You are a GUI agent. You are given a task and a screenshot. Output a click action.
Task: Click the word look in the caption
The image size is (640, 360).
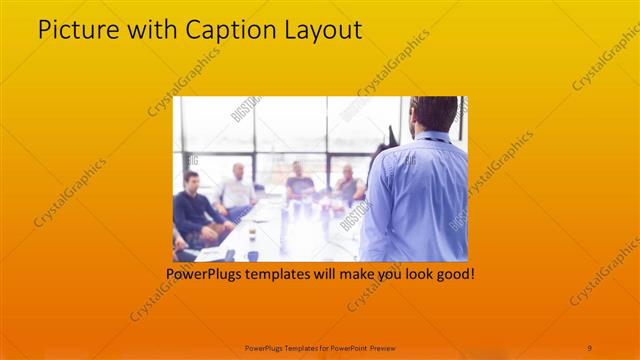[x=410, y=272]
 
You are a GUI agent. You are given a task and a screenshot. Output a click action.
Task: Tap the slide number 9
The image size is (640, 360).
[x=589, y=347]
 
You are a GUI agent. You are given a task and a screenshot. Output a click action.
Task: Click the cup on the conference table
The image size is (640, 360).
[x=252, y=236]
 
